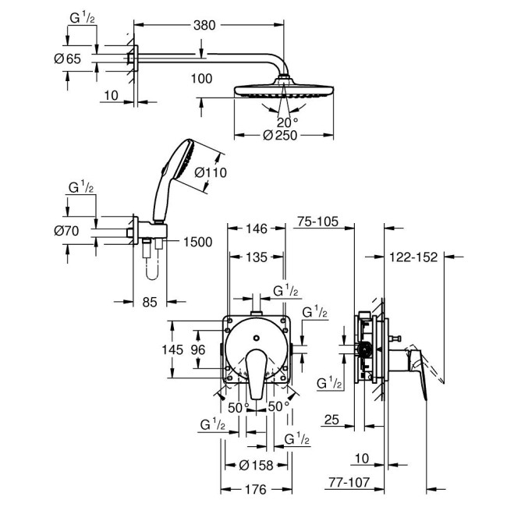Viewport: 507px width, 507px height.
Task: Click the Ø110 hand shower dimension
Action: click(210, 172)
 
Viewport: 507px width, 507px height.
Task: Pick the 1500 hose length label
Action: click(198, 243)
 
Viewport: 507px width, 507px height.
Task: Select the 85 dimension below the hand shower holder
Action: click(150, 300)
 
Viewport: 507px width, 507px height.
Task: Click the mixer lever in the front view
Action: click(255, 374)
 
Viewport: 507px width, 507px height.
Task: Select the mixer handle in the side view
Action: click(421, 367)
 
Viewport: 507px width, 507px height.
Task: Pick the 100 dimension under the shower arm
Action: click(202, 79)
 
